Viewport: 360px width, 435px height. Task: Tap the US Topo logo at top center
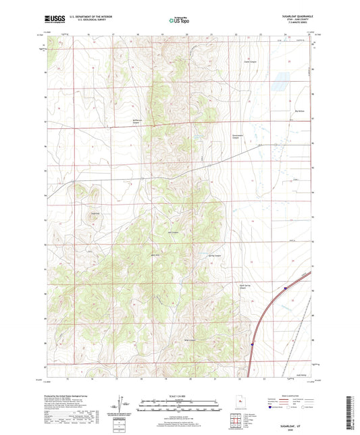[178, 20]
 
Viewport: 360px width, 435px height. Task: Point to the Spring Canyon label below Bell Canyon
[213, 256]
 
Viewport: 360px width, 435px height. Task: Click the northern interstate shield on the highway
[285, 287]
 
